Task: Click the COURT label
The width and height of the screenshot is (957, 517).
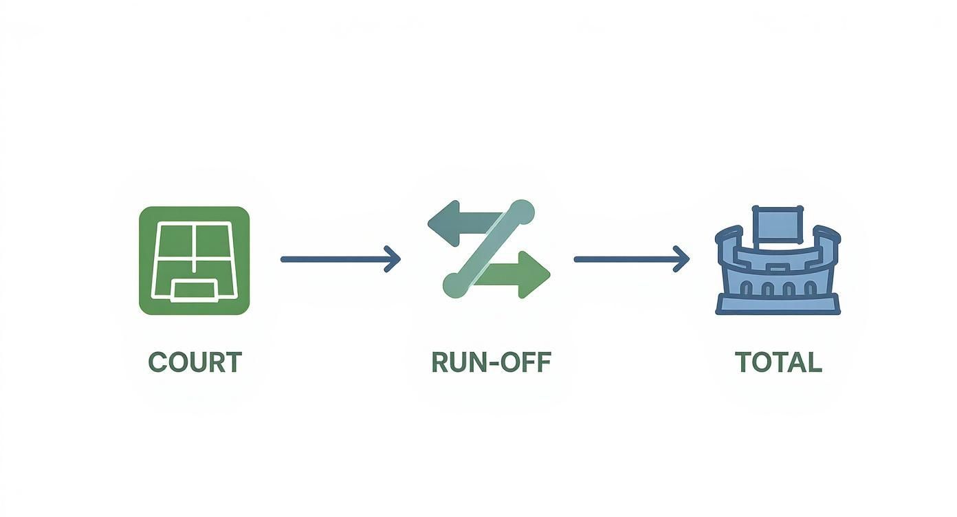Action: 195,362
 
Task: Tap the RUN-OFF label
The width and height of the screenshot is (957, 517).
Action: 492,362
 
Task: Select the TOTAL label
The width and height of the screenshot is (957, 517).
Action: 778,362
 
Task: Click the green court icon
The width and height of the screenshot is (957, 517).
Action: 195,261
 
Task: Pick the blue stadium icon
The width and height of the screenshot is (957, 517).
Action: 778,260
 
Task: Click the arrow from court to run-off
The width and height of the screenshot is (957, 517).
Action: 340,259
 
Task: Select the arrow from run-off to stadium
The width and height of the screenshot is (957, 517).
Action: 631,259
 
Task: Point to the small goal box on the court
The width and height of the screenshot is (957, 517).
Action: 194,291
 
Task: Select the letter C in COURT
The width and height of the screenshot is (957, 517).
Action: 157,362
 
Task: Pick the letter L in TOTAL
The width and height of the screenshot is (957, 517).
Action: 814,362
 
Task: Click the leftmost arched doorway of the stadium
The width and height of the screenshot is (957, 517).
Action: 747,289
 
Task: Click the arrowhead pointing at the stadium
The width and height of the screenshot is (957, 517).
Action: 682,259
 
